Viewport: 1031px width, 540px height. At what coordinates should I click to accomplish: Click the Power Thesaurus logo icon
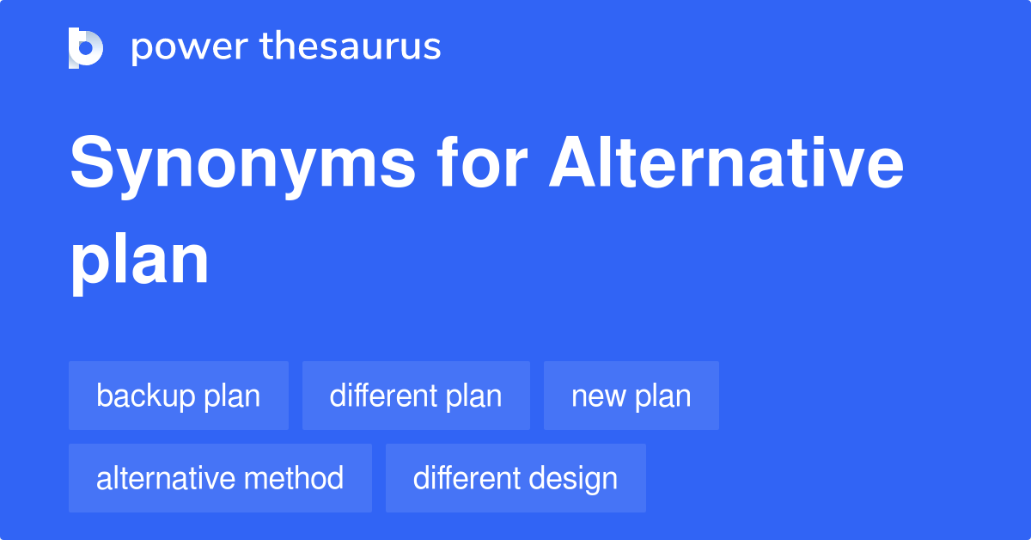tap(86, 47)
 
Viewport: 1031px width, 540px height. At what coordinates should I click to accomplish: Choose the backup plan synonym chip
tap(179, 396)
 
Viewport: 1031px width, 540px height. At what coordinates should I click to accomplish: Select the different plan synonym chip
tap(416, 396)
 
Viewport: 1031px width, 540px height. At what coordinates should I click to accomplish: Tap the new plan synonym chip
tap(631, 396)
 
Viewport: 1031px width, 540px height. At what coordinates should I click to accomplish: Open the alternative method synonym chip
tap(220, 478)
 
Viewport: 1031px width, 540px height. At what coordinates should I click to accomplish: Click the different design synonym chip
tap(515, 478)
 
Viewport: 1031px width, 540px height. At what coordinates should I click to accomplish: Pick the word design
tap(577, 478)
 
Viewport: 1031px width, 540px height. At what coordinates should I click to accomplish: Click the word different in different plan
tap(382, 396)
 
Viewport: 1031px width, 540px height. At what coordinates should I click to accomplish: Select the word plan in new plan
tap(663, 396)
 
